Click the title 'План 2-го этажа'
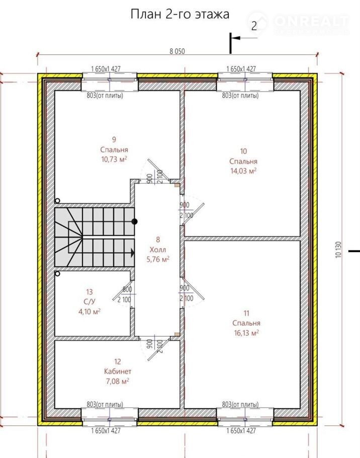coord(179,14)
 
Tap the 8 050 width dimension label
coord(177,51)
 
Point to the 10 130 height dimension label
coord(338,250)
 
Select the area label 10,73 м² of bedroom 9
coord(114,159)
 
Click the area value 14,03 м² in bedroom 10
coord(243,171)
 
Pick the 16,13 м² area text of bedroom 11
coord(246,333)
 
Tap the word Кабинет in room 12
coord(118,371)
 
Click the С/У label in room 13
coord(89,301)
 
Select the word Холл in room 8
coord(158,250)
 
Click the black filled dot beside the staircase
coord(134,221)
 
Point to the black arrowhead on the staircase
coord(133,253)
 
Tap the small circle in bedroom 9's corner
coord(57,201)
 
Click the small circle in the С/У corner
coord(57,274)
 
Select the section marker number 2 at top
coord(254,26)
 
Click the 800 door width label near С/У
coord(127,289)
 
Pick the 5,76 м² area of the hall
coord(158,259)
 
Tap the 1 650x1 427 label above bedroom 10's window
coord(241,69)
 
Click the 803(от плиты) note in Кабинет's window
coord(105,405)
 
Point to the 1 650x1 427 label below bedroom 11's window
coord(241,430)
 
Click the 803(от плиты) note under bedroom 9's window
coord(105,96)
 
